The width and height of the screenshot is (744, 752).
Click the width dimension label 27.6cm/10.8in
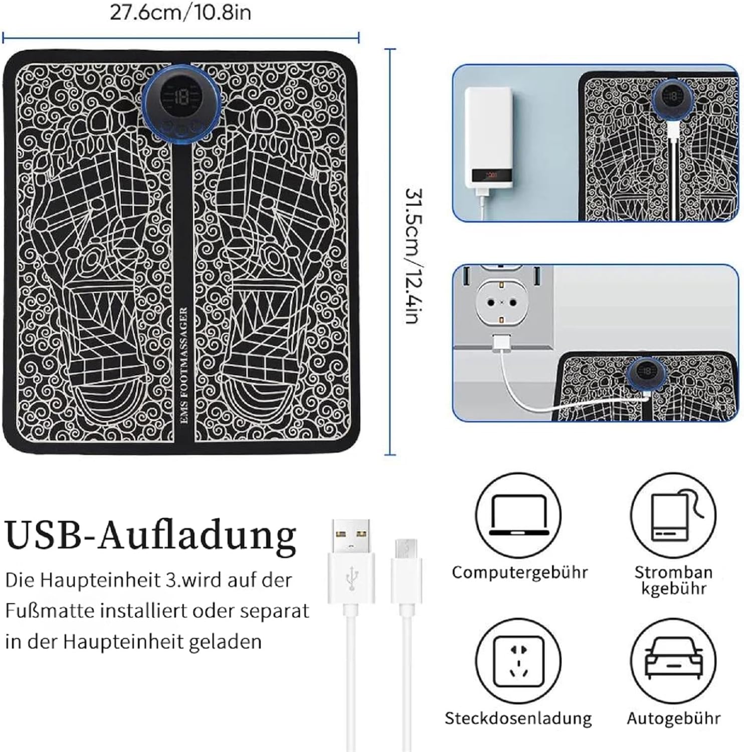pos(180,12)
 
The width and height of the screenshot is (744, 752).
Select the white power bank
pos(488,137)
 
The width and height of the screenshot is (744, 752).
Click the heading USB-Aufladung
pos(151,534)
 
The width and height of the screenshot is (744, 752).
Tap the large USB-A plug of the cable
pos(351,559)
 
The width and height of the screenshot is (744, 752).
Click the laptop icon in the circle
pos(518,515)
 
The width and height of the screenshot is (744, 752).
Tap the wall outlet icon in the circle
pos(518,661)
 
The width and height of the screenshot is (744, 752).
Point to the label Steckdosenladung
pos(518,718)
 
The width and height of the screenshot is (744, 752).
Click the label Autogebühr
pos(674,718)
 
